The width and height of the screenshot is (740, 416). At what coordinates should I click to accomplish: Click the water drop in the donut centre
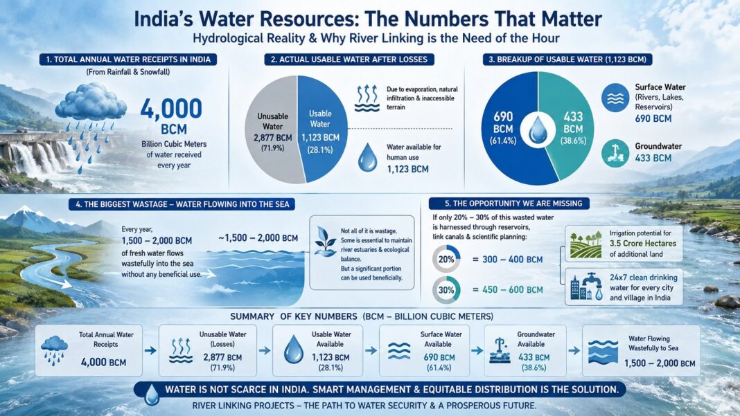[x=538, y=129]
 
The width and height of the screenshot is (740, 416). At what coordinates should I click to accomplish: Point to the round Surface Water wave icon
[x=615, y=98]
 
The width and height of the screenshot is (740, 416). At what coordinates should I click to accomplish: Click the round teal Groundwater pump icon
[x=615, y=153]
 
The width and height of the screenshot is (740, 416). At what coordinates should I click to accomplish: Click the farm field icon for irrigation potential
[x=585, y=245]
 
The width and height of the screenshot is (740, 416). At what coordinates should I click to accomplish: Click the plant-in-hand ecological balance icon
[x=325, y=242]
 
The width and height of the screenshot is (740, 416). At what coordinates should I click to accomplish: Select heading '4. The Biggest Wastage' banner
[x=182, y=204]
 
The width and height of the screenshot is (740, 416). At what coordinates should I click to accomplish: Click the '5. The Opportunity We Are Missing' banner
[x=509, y=204]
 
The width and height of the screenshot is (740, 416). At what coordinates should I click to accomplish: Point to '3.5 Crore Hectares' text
[x=643, y=244]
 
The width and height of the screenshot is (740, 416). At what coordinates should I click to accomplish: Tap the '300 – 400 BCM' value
[x=513, y=260]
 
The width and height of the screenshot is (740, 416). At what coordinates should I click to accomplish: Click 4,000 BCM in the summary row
[x=103, y=362]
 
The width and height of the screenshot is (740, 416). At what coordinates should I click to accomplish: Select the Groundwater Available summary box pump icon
[x=500, y=350]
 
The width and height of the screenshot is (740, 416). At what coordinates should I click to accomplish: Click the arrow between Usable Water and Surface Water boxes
[x=371, y=350]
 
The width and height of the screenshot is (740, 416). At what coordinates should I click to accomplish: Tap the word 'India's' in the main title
[x=164, y=19]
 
